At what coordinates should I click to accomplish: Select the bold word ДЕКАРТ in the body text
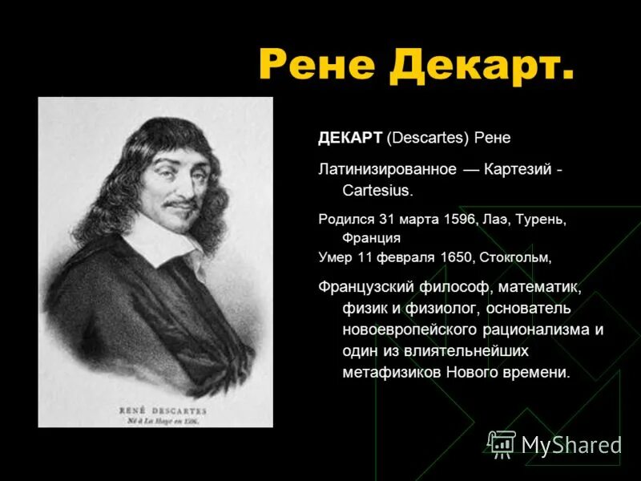coord(350,138)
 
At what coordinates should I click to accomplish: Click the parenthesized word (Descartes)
coord(427,138)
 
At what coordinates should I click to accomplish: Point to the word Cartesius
coord(377,191)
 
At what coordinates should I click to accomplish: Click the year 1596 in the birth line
coord(459,219)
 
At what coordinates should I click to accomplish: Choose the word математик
coord(543,286)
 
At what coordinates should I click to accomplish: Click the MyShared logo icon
coord(502,443)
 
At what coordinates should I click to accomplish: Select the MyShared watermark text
coord(571,444)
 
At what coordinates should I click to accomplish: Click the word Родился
coord(345,219)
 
